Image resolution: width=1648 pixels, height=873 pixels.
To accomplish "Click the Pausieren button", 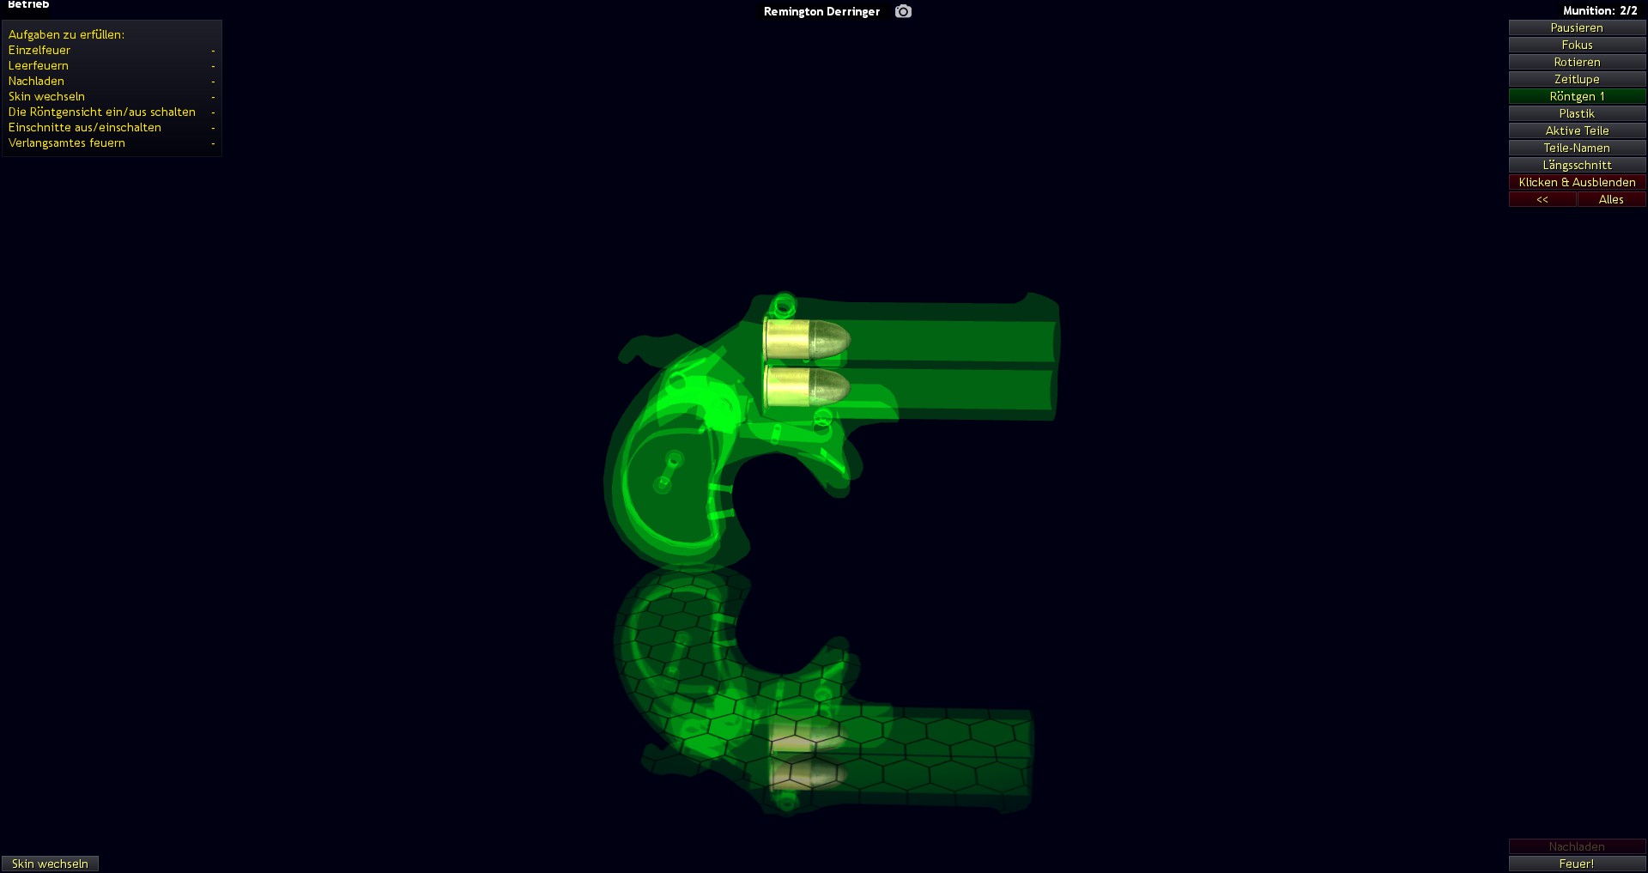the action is (x=1577, y=27).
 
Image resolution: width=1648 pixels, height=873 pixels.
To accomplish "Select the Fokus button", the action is (x=1577, y=45).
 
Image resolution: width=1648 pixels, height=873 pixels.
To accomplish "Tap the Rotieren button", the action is (x=1577, y=62).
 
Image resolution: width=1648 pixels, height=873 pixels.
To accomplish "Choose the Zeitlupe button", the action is (x=1577, y=79).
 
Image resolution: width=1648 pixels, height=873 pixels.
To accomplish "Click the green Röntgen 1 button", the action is (x=1577, y=96).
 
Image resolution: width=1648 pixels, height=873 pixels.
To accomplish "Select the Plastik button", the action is (x=1577, y=113).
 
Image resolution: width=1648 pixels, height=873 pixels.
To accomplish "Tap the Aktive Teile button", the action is (x=1577, y=130).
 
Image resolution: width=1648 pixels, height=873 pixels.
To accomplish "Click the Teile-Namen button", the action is (x=1577, y=148).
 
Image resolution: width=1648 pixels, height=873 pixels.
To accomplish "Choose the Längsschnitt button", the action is (x=1577, y=165).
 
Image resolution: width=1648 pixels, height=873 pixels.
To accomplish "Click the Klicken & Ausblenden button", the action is (x=1577, y=182).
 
